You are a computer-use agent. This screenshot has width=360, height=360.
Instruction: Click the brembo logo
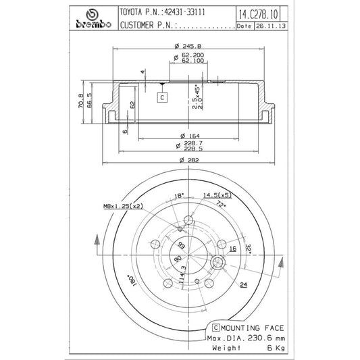tap(91, 20)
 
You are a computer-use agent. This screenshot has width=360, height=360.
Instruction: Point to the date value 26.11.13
tap(269, 26)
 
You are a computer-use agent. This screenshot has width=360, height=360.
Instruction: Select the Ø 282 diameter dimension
tap(180, 159)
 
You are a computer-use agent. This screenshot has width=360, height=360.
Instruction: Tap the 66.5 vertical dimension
tap(90, 107)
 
